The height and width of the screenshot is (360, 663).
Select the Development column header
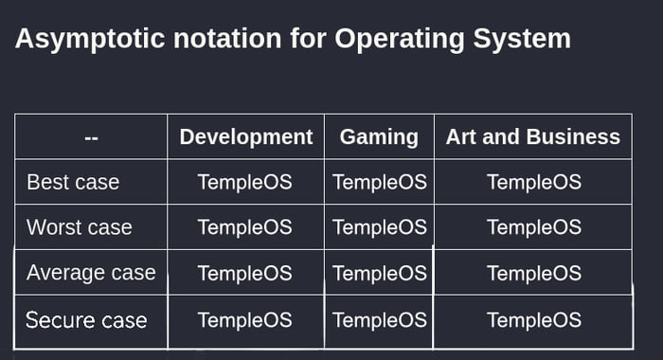point(245,136)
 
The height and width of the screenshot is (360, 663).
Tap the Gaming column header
point(379,136)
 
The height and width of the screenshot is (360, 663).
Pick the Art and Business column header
point(533,136)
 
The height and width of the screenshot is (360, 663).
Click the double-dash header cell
point(91,137)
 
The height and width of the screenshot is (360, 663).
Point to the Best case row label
point(73,182)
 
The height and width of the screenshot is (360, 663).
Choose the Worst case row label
point(80,227)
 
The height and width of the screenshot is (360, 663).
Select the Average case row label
point(91,273)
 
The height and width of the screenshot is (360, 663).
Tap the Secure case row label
point(86,319)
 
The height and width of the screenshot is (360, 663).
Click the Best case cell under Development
point(245,182)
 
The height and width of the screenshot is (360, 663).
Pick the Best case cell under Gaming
point(380,182)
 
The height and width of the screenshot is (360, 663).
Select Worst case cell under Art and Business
point(533,227)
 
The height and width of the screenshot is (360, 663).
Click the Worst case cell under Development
point(245,227)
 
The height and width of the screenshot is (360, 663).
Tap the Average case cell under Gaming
point(380,274)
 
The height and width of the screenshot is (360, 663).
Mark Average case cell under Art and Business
point(533,274)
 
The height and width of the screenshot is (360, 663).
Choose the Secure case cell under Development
point(245,319)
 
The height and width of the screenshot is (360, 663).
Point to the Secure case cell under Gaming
point(380,319)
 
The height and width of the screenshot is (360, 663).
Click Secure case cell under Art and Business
point(533,319)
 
